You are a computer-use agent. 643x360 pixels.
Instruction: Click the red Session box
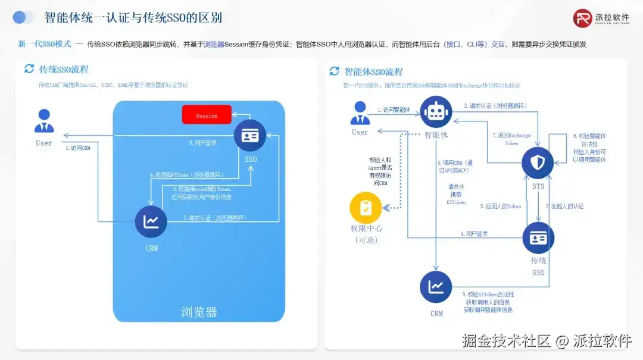(x=207, y=115)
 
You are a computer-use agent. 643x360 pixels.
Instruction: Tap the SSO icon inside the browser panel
(x=250, y=136)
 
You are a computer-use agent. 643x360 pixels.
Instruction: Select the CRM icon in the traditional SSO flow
(x=151, y=222)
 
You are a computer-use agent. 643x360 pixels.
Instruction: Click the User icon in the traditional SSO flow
(x=44, y=121)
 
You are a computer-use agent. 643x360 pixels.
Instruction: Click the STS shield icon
(x=538, y=162)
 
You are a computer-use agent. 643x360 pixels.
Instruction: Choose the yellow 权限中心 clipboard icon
(x=366, y=208)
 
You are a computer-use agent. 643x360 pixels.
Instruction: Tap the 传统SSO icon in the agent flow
(x=538, y=238)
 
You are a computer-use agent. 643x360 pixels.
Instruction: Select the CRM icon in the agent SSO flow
(x=436, y=287)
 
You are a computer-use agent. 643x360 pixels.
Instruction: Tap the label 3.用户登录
(x=202, y=143)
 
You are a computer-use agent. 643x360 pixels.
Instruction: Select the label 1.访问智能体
(x=394, y=110)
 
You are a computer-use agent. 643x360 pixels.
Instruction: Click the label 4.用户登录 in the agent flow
(x=474, y=234)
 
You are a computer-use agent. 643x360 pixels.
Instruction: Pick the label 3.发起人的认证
(x=564, y=206)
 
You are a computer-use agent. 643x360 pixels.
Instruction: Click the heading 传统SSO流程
(x=64, y=69)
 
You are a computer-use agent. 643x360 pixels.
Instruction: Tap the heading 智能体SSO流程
(x=373, y=72)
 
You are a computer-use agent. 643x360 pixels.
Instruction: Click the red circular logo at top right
(x=583, y=18)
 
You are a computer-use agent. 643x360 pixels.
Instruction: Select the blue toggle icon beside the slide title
(x=23, y=17)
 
